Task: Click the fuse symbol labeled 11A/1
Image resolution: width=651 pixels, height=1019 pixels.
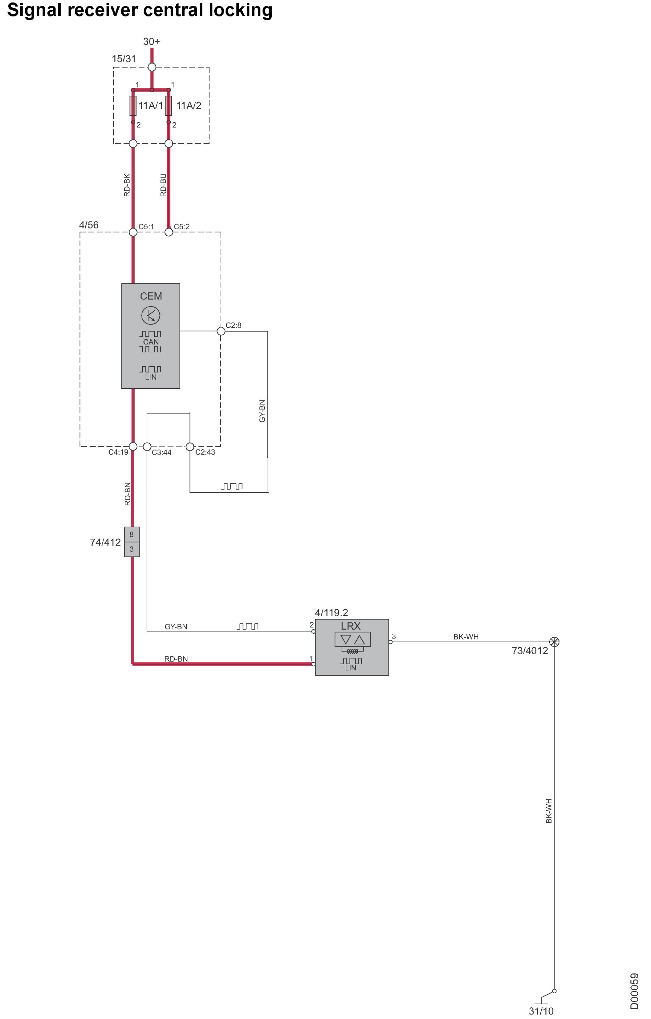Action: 133,106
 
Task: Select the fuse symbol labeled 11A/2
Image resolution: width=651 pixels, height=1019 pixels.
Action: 169,106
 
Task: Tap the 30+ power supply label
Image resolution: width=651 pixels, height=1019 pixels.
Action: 151,42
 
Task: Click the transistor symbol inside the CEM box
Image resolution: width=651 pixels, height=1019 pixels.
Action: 150,315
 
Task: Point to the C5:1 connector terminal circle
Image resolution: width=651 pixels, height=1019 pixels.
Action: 133,232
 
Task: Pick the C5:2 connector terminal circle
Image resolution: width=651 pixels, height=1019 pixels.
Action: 169,232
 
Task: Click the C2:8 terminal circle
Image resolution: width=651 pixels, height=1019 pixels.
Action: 221,331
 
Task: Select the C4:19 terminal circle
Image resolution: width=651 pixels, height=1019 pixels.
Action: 133,446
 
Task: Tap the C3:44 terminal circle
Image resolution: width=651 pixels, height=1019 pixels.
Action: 147,446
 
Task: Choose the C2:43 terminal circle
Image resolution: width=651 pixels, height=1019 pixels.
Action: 190,446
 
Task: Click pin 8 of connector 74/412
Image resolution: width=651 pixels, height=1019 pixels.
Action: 132,535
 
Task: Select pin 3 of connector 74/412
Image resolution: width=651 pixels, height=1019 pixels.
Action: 132,549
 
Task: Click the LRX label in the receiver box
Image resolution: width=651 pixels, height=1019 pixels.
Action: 351,626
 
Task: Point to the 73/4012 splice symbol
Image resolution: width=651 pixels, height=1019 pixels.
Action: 554,642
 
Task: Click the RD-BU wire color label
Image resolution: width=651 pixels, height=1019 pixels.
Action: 163,185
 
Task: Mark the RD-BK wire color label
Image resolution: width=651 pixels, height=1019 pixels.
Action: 127,185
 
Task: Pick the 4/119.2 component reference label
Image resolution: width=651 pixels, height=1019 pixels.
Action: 331,612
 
